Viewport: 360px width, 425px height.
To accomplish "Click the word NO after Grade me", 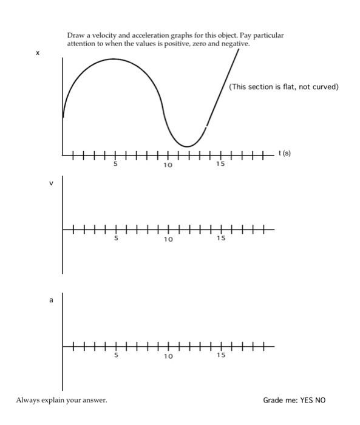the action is tap(321, 400).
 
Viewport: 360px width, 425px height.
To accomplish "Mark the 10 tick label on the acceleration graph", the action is tap(168, 355).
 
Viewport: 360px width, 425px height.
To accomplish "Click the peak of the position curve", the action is tap(114, 59).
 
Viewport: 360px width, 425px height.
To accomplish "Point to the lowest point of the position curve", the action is tap(188, 146).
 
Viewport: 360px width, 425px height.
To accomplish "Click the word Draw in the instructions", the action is tap(75, 36).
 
